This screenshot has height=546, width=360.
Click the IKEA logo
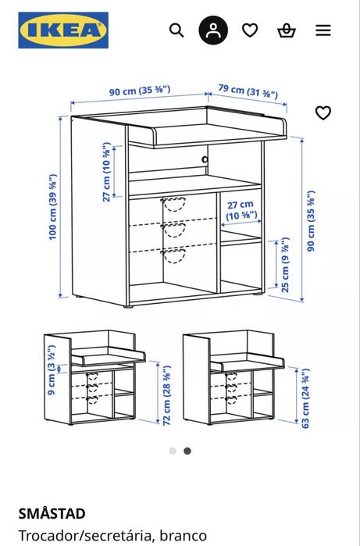tap(63, 30)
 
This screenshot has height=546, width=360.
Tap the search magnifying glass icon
tap(176, 30)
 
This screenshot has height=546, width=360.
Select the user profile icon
tap(213, 30)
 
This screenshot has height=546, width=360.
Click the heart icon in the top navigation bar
tap(250, 30)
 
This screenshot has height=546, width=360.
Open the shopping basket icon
tap(287, 30)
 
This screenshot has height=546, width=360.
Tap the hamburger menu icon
tap(323, 30)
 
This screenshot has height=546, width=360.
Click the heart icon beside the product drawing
tap(323, 112)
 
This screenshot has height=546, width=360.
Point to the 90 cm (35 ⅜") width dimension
tap(139, 92)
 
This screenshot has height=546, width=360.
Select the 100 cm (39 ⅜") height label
tap(53, 206)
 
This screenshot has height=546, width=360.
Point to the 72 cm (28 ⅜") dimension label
tap(166, 394)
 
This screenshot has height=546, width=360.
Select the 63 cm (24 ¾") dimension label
tap(306, 398)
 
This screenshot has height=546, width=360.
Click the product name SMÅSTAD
tap(52, 514)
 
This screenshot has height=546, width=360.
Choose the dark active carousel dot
tap(187, 451)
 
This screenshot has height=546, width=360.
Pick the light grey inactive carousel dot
tap(173, 451)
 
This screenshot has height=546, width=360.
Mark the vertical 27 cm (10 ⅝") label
tap(107, 172)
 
